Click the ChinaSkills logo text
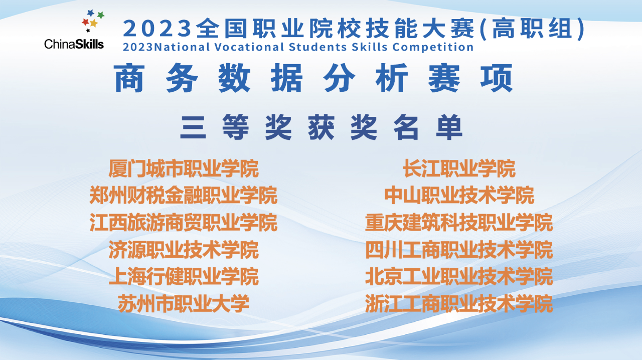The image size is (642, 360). tap(74, 44)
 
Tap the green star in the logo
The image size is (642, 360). tap(101, 15)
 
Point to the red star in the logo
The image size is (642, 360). tap(85, 22)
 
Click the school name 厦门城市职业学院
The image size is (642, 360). tap(184, 169)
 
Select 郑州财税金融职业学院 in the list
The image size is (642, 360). tap(184, 196)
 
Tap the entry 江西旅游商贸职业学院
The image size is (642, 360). tap(184, 223)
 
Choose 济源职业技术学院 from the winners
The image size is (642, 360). tap(184, 250)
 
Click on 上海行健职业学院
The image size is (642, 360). tap(184, 277)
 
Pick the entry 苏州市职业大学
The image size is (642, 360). tap(184, 303)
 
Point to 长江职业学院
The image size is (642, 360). tap(459, 169)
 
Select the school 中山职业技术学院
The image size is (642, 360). tap(459, 196)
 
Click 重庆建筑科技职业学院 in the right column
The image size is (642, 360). tap(459, 223)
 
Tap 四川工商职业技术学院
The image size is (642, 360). tap(459, 250)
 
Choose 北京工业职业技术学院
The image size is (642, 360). tap(459, 277)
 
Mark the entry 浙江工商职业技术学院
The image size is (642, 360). tap(459, 303)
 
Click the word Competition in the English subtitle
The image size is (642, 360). tap(433, 47)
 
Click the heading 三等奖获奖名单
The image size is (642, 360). tap(322, 127)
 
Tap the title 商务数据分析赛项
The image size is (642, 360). tap(313, 78)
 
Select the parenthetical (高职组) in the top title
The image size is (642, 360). tap(532, 29)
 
